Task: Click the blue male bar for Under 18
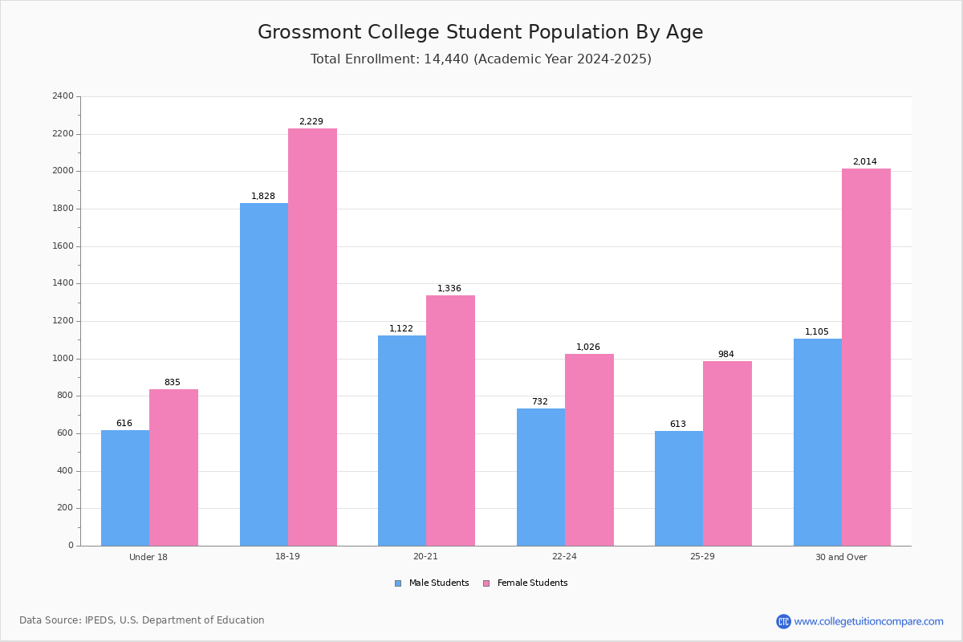coord(125,488)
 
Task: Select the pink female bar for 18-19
coord(312,337)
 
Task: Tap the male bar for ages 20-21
coord(402,441)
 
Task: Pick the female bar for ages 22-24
coord(589,450)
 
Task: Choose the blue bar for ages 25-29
coord(679,489)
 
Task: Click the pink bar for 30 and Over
coord(866,357)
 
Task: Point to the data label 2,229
coord(311,122)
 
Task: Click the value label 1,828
coord(263,196)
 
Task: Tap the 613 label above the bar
coord(678,424)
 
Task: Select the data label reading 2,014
coord(865,161)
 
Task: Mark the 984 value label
coord(726,355)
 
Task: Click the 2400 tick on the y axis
coord(63,95)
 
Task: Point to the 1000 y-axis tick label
coord(63,359)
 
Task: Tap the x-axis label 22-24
coord(564,556)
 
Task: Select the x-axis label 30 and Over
coord(841,557)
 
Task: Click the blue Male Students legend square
coord(398,583)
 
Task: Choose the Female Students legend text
coord(533,583)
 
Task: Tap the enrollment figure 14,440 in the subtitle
coord(446,59)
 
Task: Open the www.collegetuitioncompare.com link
coord(869,622)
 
